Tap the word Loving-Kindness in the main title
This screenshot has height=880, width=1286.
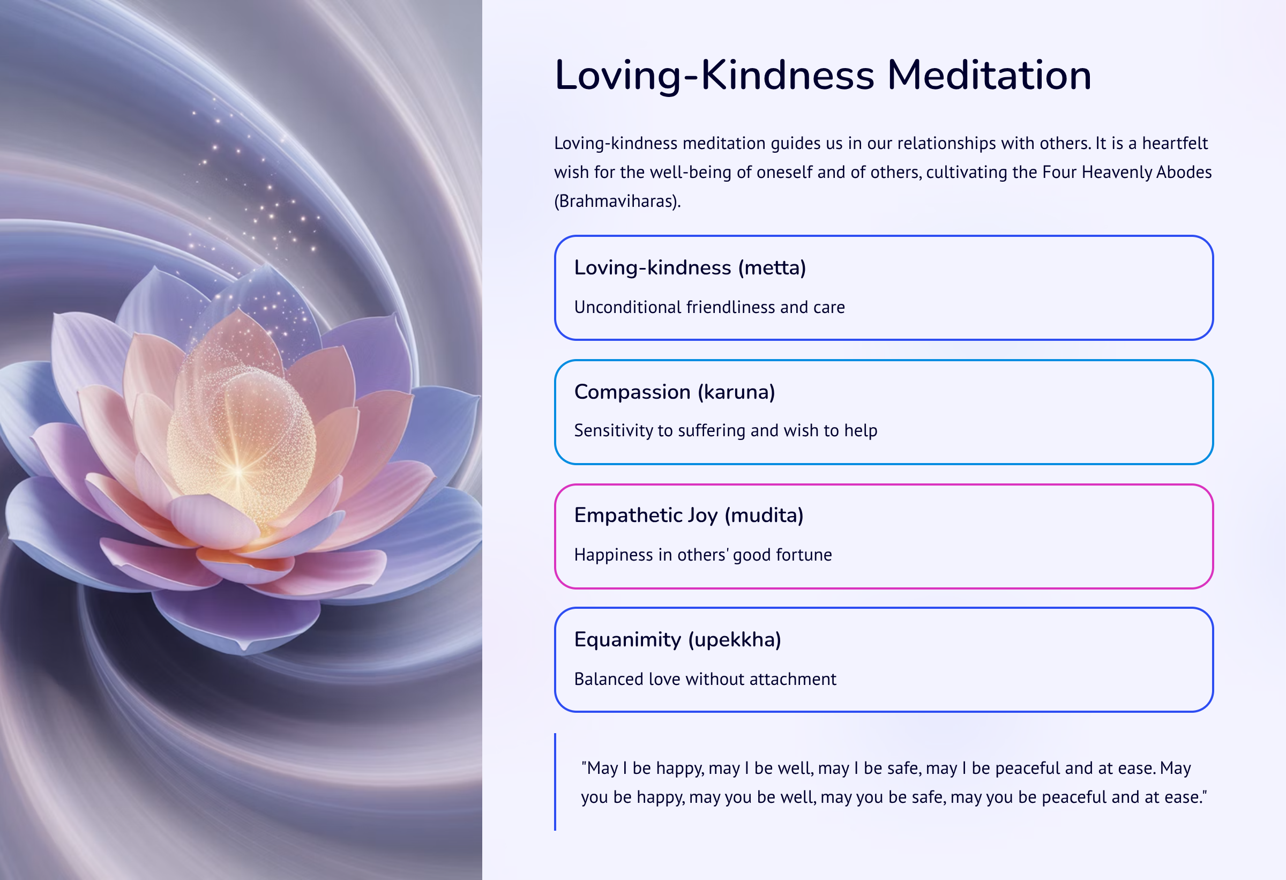tap(714, 76)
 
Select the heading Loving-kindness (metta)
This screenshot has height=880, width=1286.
tap(690, 268)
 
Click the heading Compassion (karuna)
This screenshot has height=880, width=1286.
tap(675, 392)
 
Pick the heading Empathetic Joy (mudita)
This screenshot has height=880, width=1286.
tap(689, 516)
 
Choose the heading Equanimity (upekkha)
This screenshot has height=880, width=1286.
tap(677, 640)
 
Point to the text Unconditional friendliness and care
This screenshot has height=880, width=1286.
tap(709, 307)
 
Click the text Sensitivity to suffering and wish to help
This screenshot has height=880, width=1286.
tap(726, 430)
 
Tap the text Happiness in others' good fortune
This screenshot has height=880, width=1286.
tap(703, 555)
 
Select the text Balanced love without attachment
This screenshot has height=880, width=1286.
tap(705, 679)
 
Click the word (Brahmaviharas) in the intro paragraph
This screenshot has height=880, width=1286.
tap(617, 201)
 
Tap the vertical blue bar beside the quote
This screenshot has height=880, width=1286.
tap(555, 781)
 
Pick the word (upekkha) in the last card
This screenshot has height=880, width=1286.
tap(734, 640)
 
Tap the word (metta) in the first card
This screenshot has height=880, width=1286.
tap(772, 269)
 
